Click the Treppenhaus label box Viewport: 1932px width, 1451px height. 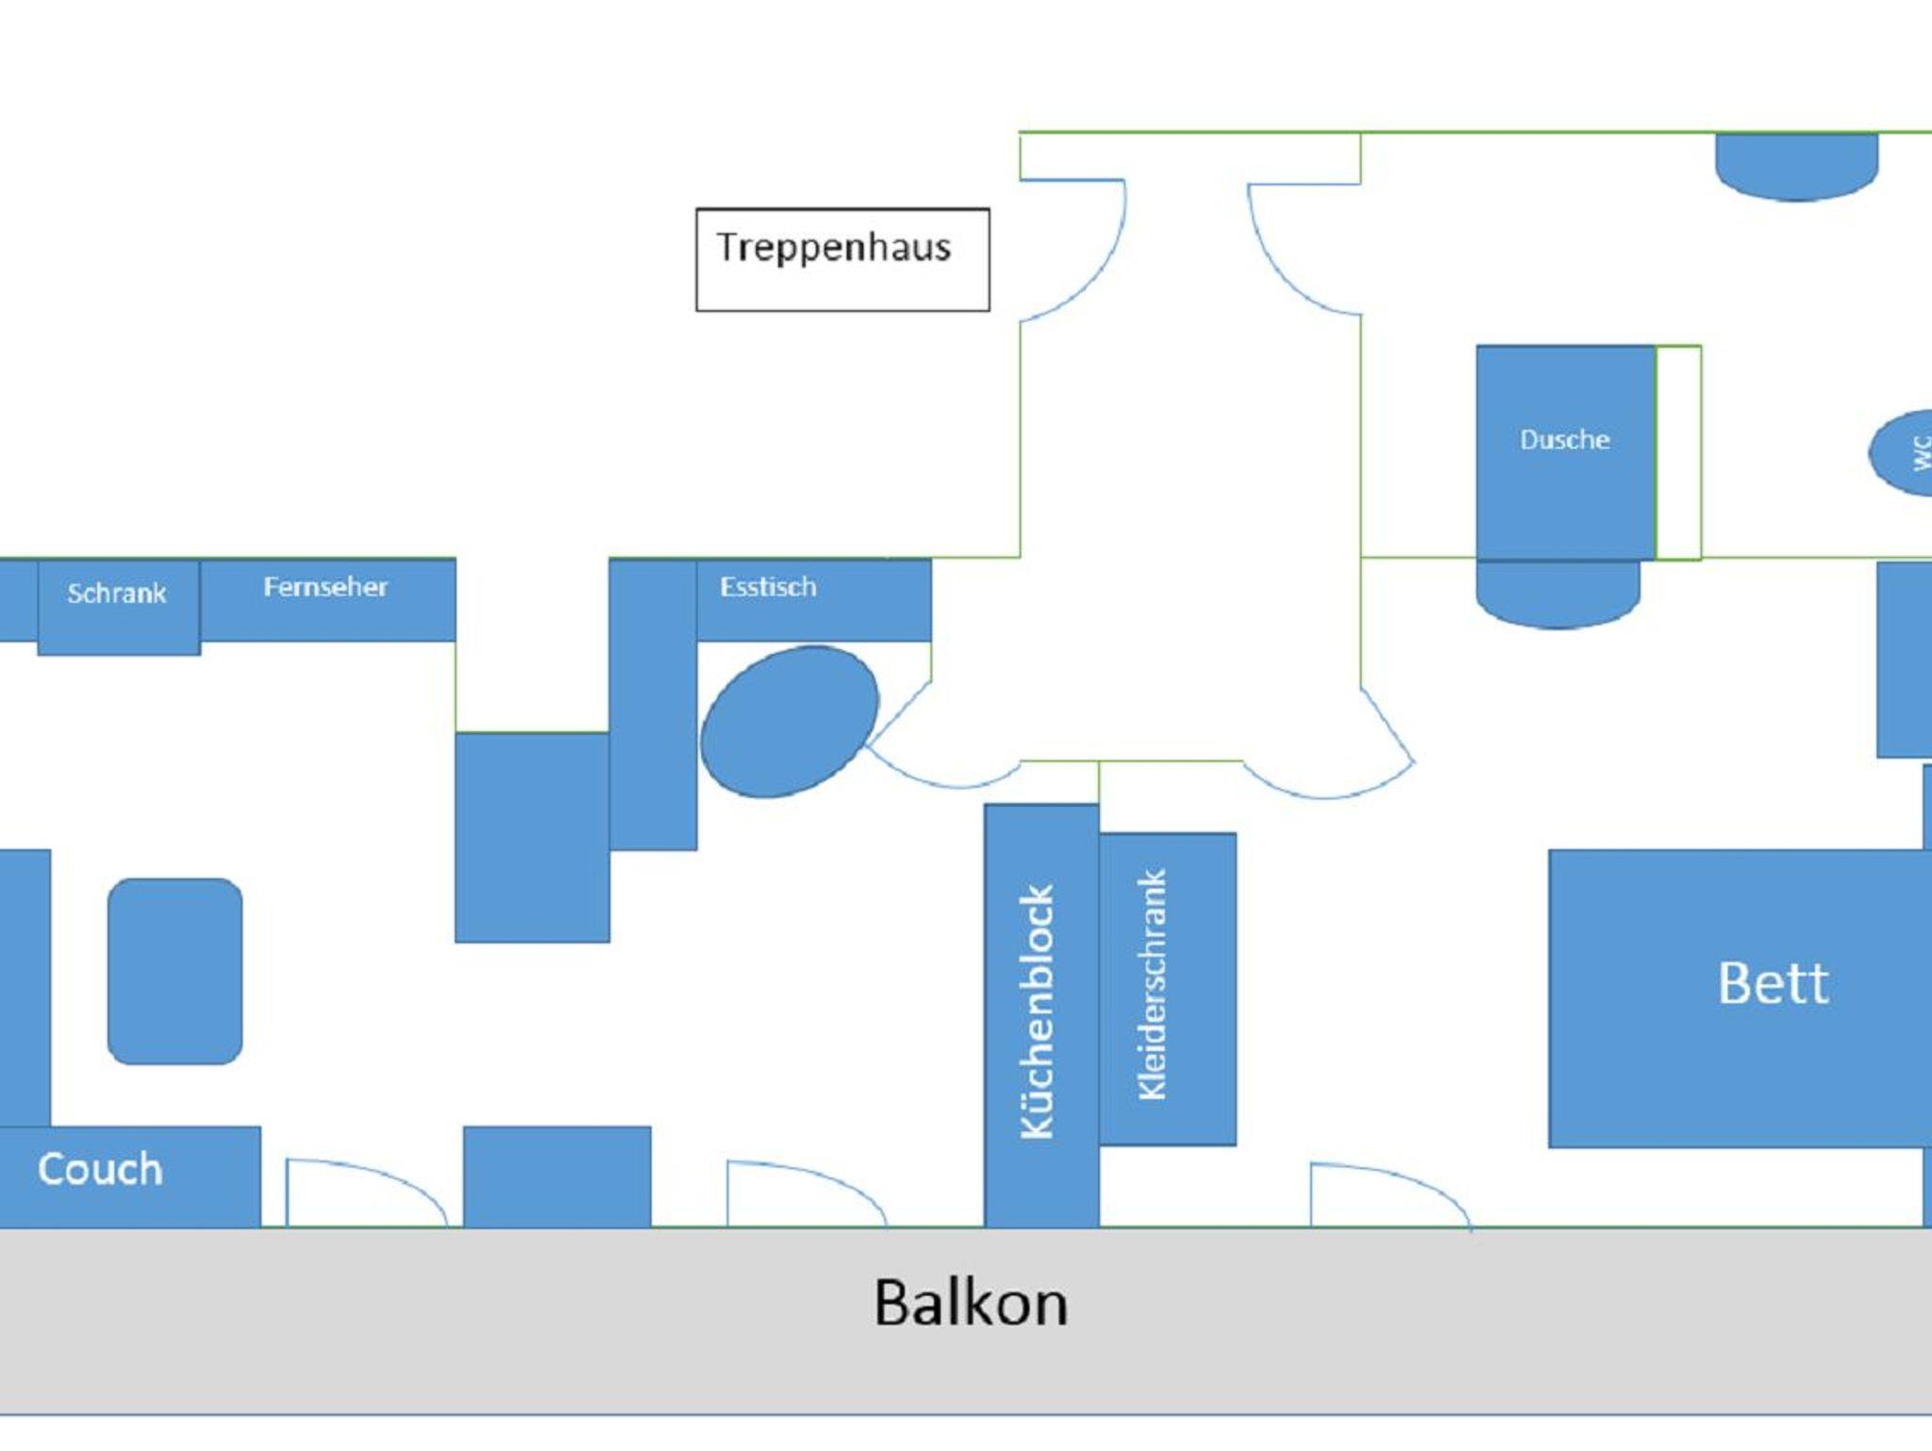(x=842, y=259)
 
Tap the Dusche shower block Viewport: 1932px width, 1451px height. (x=1565, y=452)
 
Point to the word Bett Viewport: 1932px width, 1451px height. (x=1773, y=984)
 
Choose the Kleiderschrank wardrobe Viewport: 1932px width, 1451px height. (x=1166, y=988)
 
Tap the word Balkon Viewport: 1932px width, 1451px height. (x=970, y=1303)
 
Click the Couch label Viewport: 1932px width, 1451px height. (x=100, y=1170)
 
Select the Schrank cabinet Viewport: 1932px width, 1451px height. (x=118, y=605)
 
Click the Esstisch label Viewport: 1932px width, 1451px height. (x=768, y=588)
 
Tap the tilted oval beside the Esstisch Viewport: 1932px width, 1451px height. (x=790, y=722)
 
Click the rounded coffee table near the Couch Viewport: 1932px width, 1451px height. (x=175, y=971)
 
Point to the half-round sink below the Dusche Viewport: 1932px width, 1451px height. (x=1557, y=592)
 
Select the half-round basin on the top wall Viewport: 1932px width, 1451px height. (x=1796, y=165)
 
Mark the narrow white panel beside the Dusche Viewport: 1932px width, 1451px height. (x=1678, y=452)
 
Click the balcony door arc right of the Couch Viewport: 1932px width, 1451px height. (x=363, y=1192)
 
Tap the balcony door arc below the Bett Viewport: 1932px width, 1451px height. (x=1387, y=1195)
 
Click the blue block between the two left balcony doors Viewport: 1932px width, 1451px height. (x=557, y=1176)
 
